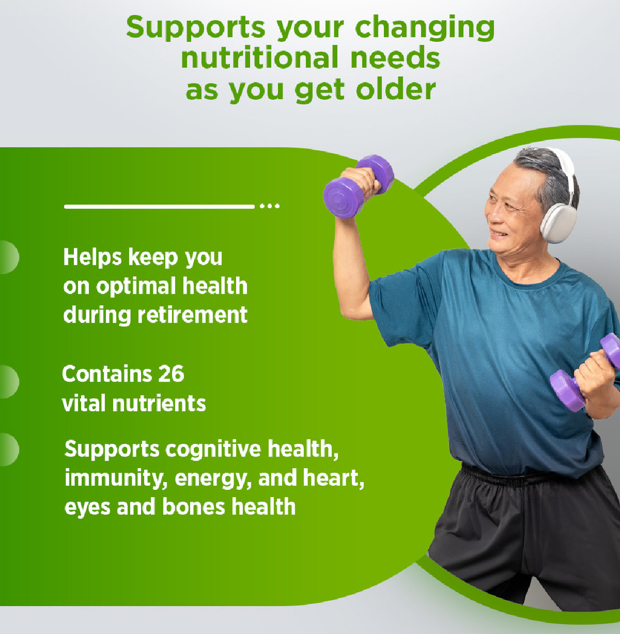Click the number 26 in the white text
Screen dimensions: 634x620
pos(171,374)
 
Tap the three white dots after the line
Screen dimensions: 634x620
pos(269,206)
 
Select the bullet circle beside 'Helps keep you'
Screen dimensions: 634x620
pos(7,257)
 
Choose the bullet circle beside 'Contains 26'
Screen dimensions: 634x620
pos(7,381)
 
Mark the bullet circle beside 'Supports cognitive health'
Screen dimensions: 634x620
pos(7,450)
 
